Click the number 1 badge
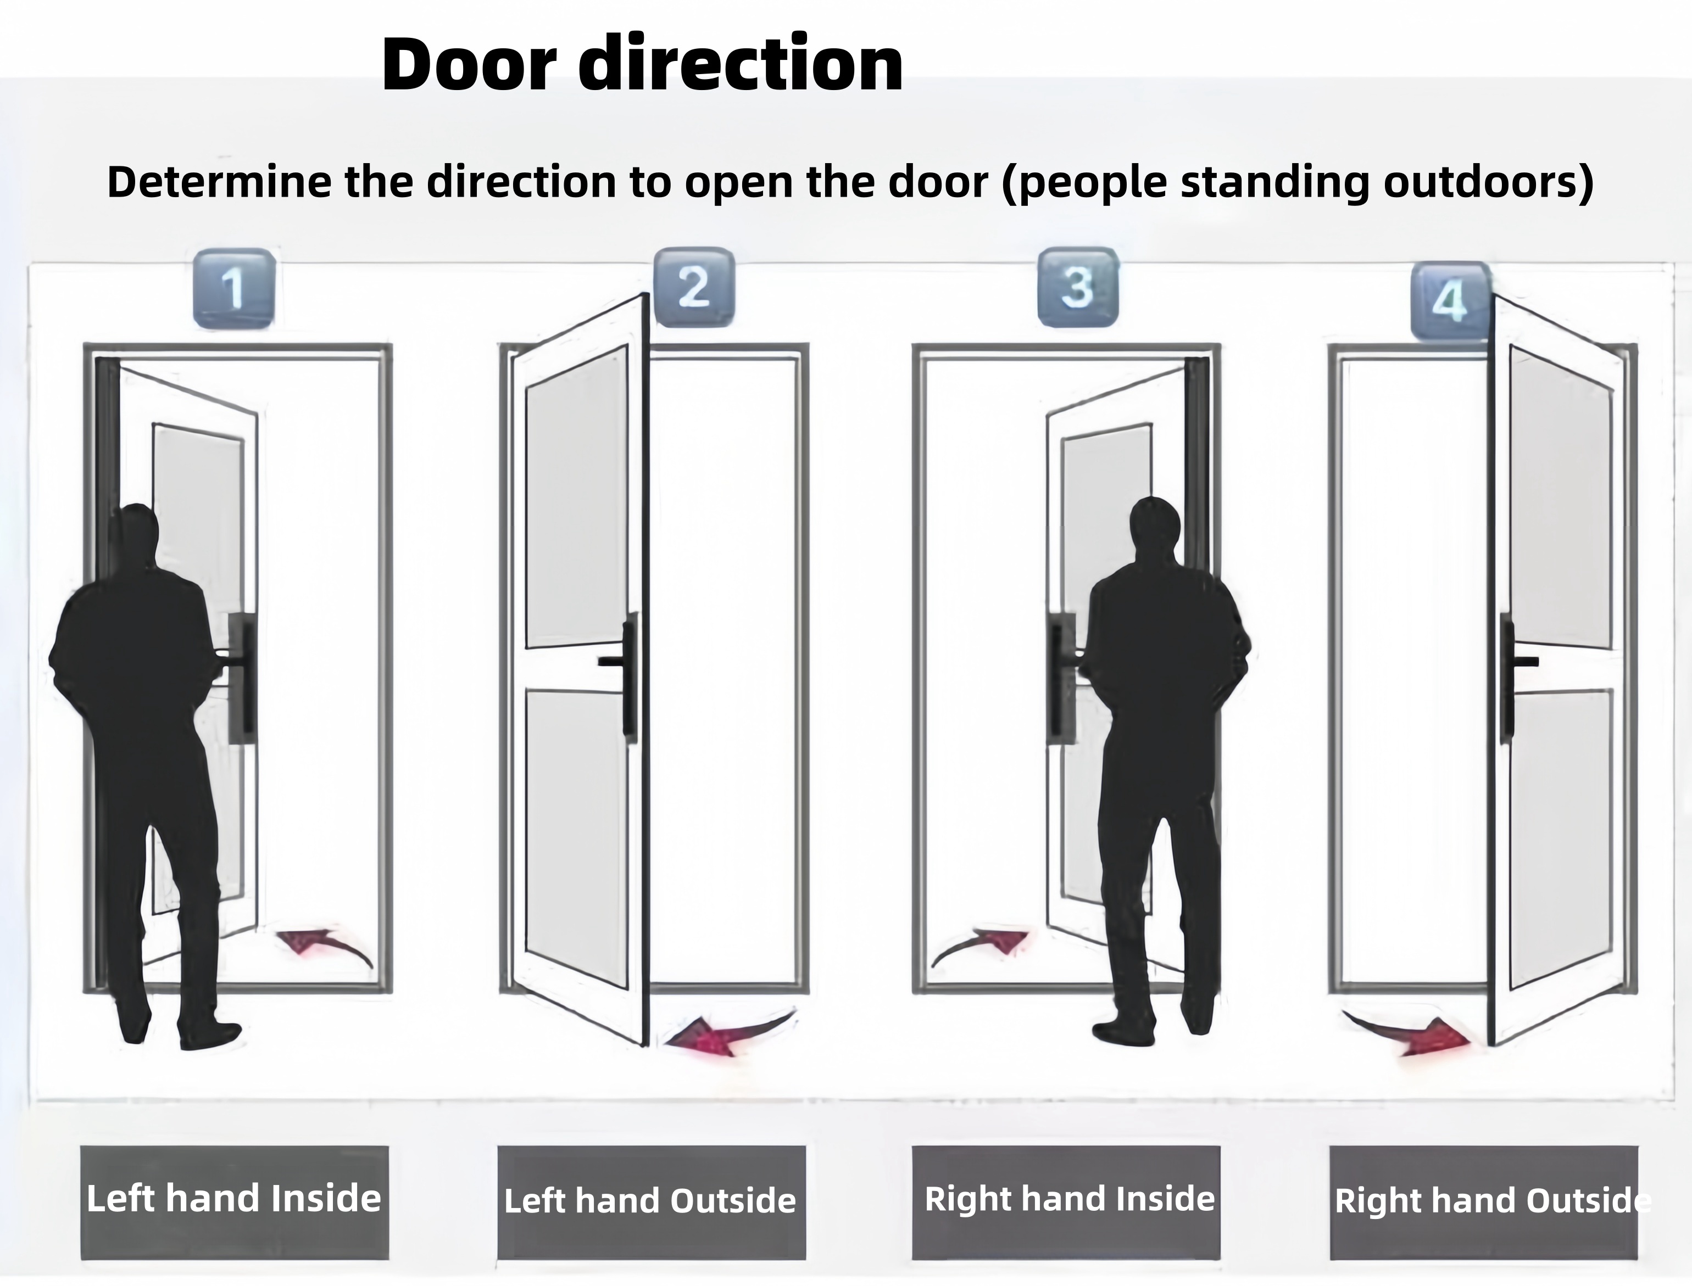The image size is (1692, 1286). [234, 289]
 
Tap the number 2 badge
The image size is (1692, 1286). [694, 287]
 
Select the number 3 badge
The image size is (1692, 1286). [1077, 287]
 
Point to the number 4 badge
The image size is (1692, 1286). [1450, 301]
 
